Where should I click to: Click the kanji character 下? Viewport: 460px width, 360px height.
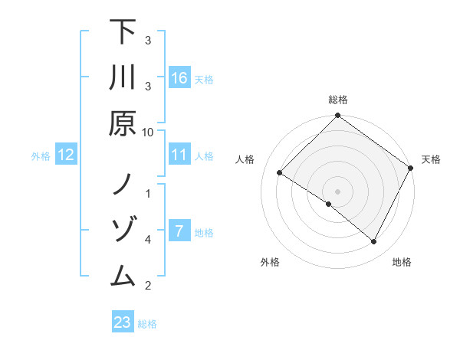123,33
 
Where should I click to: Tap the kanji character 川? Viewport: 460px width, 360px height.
123,79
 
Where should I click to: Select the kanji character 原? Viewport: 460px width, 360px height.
123,124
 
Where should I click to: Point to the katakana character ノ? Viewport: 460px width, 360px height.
123,184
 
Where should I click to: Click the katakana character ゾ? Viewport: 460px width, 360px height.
123,230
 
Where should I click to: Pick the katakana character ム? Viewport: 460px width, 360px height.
123,276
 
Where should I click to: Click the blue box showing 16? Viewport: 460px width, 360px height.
179,77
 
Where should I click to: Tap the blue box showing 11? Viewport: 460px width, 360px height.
179,155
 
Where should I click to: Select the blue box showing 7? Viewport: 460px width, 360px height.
179,231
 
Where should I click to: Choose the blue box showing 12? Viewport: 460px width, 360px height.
65,155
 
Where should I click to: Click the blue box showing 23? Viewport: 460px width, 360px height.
122,322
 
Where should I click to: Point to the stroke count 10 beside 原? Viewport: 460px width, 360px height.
148,132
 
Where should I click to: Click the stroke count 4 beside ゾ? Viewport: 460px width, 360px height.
148,240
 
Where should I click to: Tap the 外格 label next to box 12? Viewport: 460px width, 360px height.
41,155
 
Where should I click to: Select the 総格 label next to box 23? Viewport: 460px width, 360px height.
147,323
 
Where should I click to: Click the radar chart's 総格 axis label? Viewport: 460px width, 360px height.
338,100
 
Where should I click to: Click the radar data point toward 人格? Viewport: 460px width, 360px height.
280,173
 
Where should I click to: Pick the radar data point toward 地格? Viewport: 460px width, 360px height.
374,242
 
